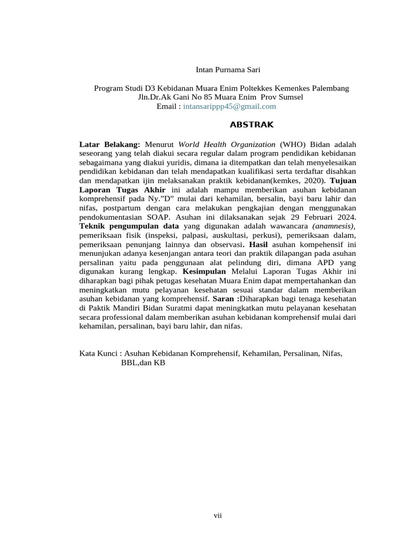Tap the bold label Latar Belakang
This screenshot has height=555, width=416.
coord(109,145)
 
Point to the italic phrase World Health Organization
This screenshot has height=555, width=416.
coord(227,145)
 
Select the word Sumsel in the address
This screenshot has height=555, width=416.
coord(291,98)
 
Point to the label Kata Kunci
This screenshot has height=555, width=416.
coord(98,353)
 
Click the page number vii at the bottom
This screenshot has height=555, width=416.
coord(217,515)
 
